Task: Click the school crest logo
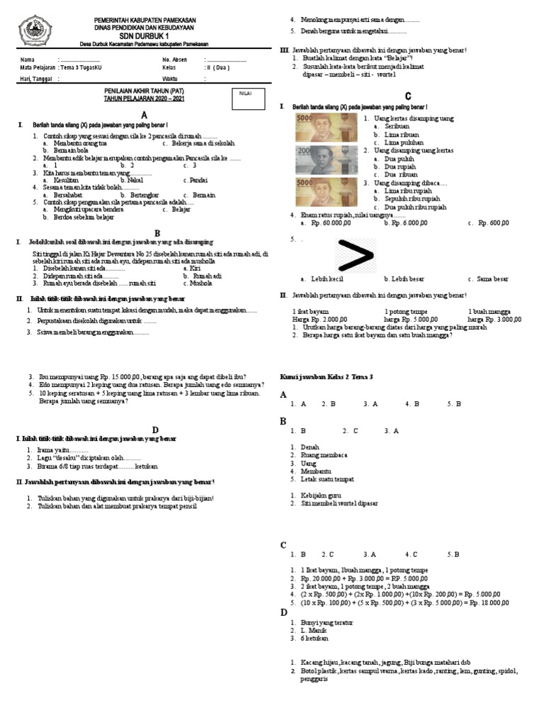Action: pyautogui.click(x=35, y=30)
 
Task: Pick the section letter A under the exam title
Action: pyautogui.click(x=145, y=115)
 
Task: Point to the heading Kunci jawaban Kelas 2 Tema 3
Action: pyautogui.click(x=327, y=376)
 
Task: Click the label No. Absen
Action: pyautogui.click(x=176, y=60)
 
